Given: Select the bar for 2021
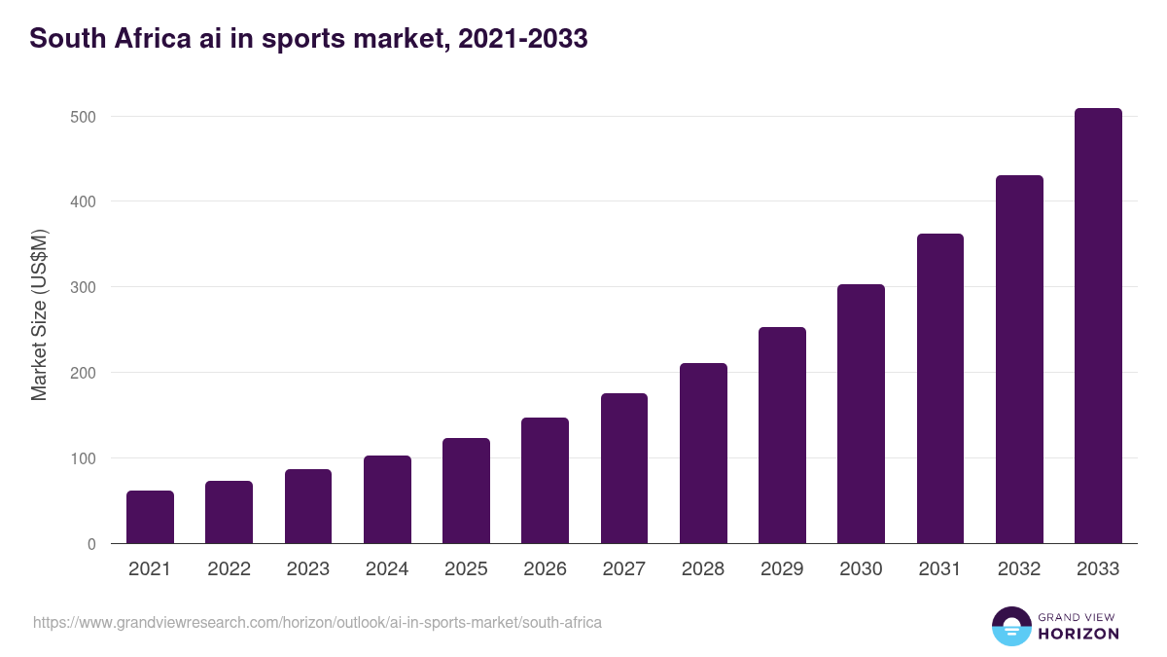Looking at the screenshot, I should (150, 517).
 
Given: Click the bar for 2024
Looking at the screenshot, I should (387, 499).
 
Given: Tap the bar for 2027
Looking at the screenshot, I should (624, 468).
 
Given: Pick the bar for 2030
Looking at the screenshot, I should (861, 414).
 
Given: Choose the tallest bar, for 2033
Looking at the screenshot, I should (1098, 326).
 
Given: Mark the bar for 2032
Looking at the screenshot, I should (1019, 359).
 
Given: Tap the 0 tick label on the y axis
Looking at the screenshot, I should (91, 544).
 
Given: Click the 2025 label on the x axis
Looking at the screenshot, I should (466, 569).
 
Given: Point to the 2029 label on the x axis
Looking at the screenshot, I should (782, 569).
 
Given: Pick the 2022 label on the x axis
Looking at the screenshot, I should (229, 569).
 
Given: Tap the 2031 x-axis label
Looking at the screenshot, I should (939, 569).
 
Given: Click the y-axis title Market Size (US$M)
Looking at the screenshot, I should (39, 314).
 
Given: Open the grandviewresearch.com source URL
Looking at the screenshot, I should (317, 622).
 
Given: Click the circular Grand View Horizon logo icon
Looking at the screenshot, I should (1010, 626).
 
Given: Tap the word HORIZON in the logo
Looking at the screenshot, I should (1079, 634).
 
